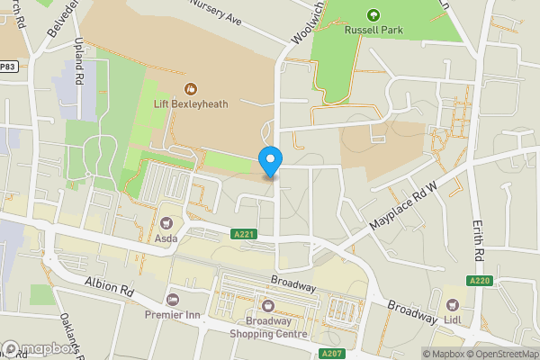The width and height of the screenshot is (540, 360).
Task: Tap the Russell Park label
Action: point(373,30)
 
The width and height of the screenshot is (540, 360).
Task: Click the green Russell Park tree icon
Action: point(373,13)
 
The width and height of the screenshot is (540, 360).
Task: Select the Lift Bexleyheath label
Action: point(190,103)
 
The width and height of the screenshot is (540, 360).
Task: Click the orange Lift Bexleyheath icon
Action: point(190,88)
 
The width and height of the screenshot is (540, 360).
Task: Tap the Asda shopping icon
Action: point(166,222)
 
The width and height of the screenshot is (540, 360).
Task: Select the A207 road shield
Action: point(332,354)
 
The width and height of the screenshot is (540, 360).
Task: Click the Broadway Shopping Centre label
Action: point(266,328)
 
